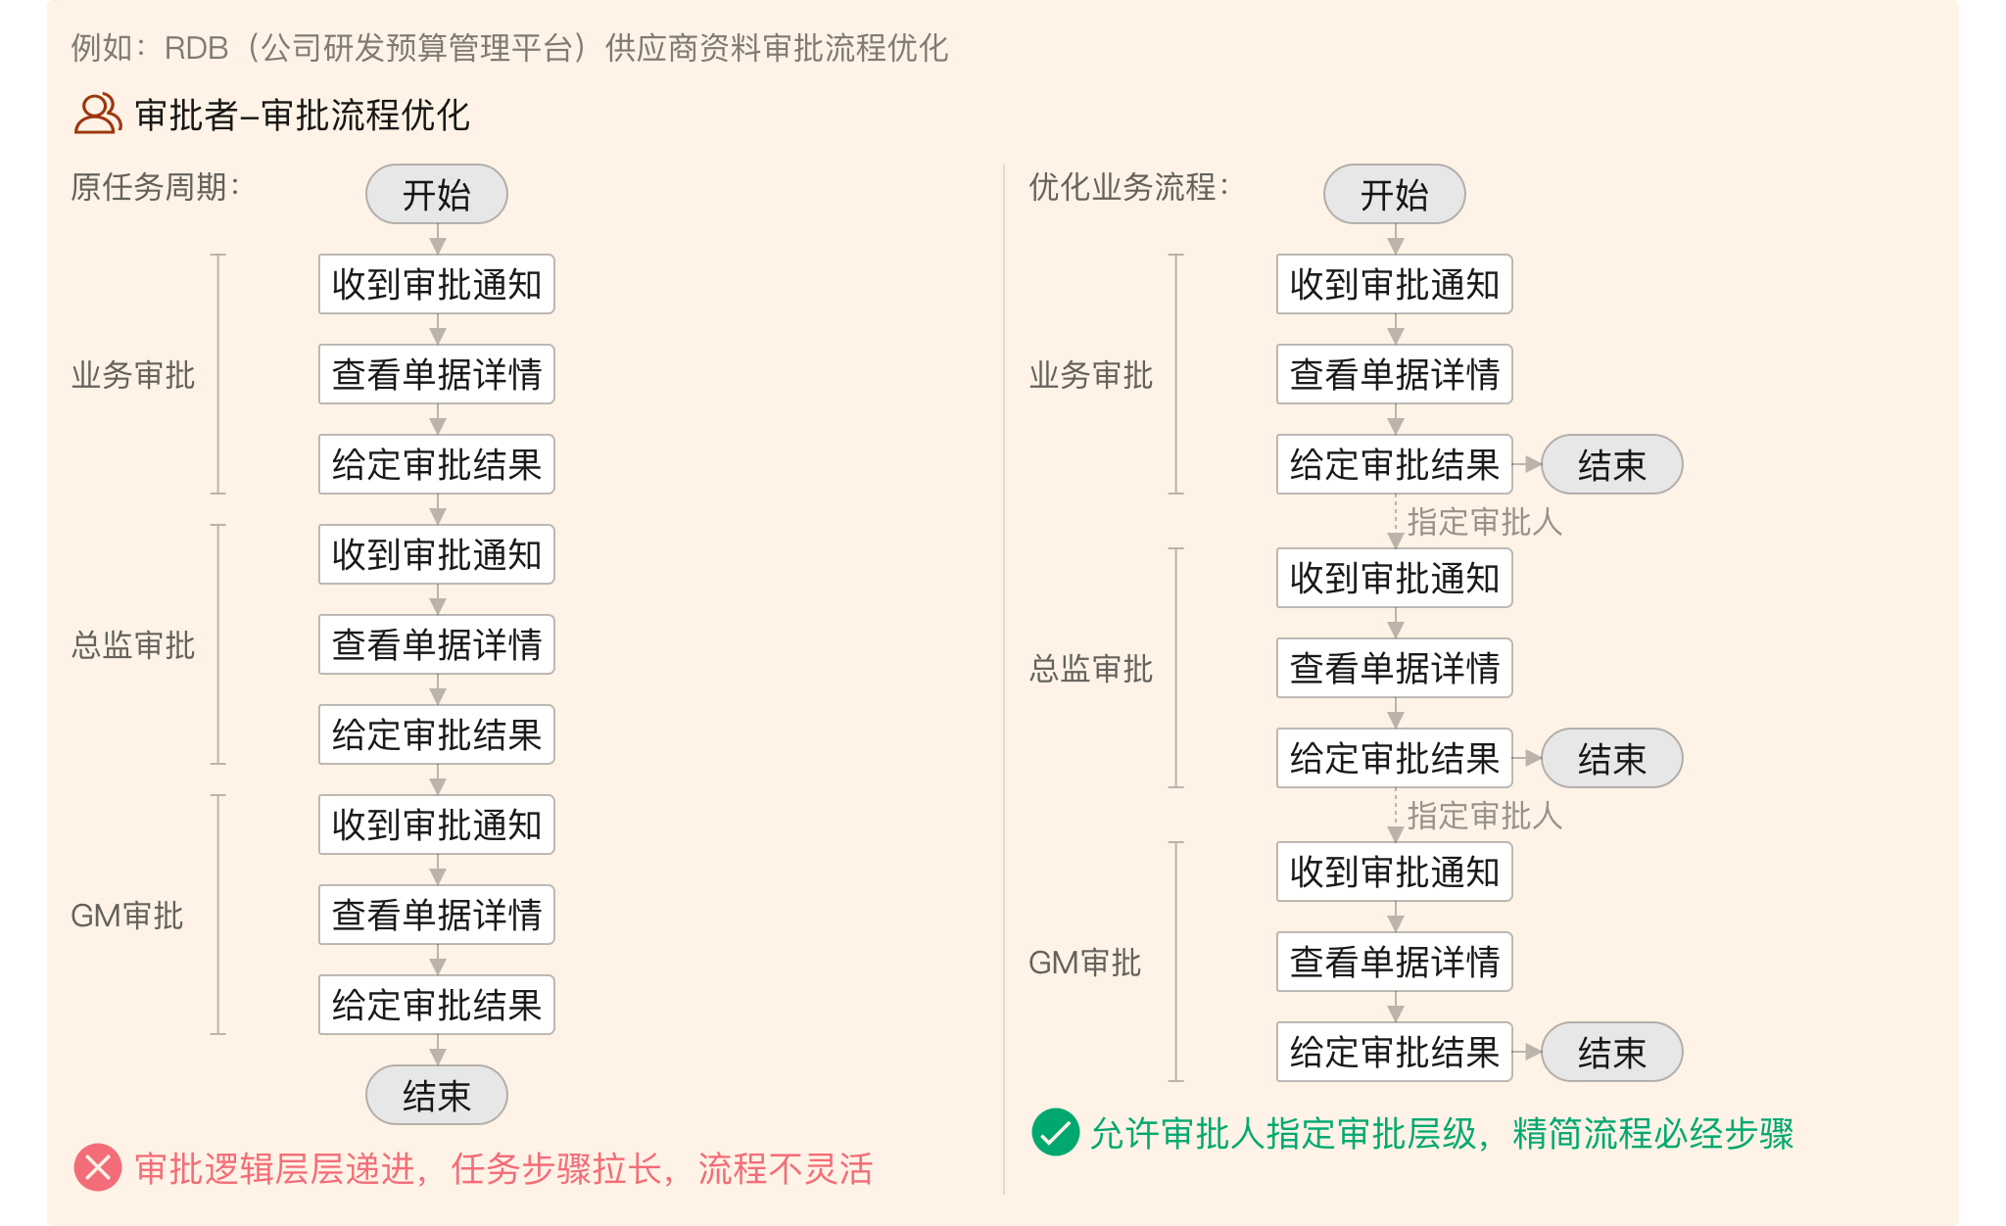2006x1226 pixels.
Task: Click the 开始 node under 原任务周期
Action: [437, 194]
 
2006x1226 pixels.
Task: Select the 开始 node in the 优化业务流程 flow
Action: [1395, 194]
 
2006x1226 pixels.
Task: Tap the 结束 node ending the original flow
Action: [437, 1095]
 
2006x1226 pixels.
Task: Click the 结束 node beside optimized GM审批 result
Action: [1612, 1052]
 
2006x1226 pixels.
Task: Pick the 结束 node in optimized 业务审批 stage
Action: [1612, 464]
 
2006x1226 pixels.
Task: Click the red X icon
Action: [98, 1167]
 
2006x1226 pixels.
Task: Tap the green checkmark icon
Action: [1056, 1132]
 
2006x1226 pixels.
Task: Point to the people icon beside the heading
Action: [98, 114]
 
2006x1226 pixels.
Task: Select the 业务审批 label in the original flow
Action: [133, 374]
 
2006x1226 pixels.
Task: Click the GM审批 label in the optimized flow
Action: [1085, 962]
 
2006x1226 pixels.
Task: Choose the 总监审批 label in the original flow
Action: [133, 644]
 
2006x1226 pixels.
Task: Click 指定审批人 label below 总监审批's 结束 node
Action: [1485, 815]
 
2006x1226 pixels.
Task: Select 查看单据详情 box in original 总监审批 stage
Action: [437, 644]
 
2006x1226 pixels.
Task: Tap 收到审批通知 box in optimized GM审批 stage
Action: [1395, 872]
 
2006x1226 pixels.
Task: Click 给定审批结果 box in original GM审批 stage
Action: [437, 1005]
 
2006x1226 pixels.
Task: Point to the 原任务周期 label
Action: [156, 186]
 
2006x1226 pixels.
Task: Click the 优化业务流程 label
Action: [1129, 186]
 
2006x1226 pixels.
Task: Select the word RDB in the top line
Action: [196, 48]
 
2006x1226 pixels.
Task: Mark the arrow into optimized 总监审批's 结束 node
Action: [1528, 758]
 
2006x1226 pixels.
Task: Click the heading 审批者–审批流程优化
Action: [303, 115]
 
